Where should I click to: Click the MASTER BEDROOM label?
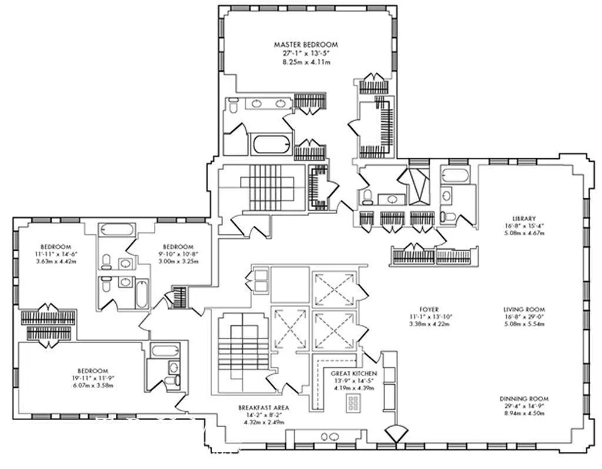click(306, 44)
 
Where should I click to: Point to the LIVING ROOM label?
click(524, 310)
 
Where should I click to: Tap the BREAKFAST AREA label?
click(263, 407)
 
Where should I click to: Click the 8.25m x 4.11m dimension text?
click(306, 61)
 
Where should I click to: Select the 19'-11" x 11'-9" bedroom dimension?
click(89, 378)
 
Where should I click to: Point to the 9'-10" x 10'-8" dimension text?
click(178, 254)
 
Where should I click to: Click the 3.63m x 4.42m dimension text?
click(56, 261)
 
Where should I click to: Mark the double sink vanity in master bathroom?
click(268, 104)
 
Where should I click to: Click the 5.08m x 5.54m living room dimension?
click(524, 325)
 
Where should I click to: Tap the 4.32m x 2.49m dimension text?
click(263, 423)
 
